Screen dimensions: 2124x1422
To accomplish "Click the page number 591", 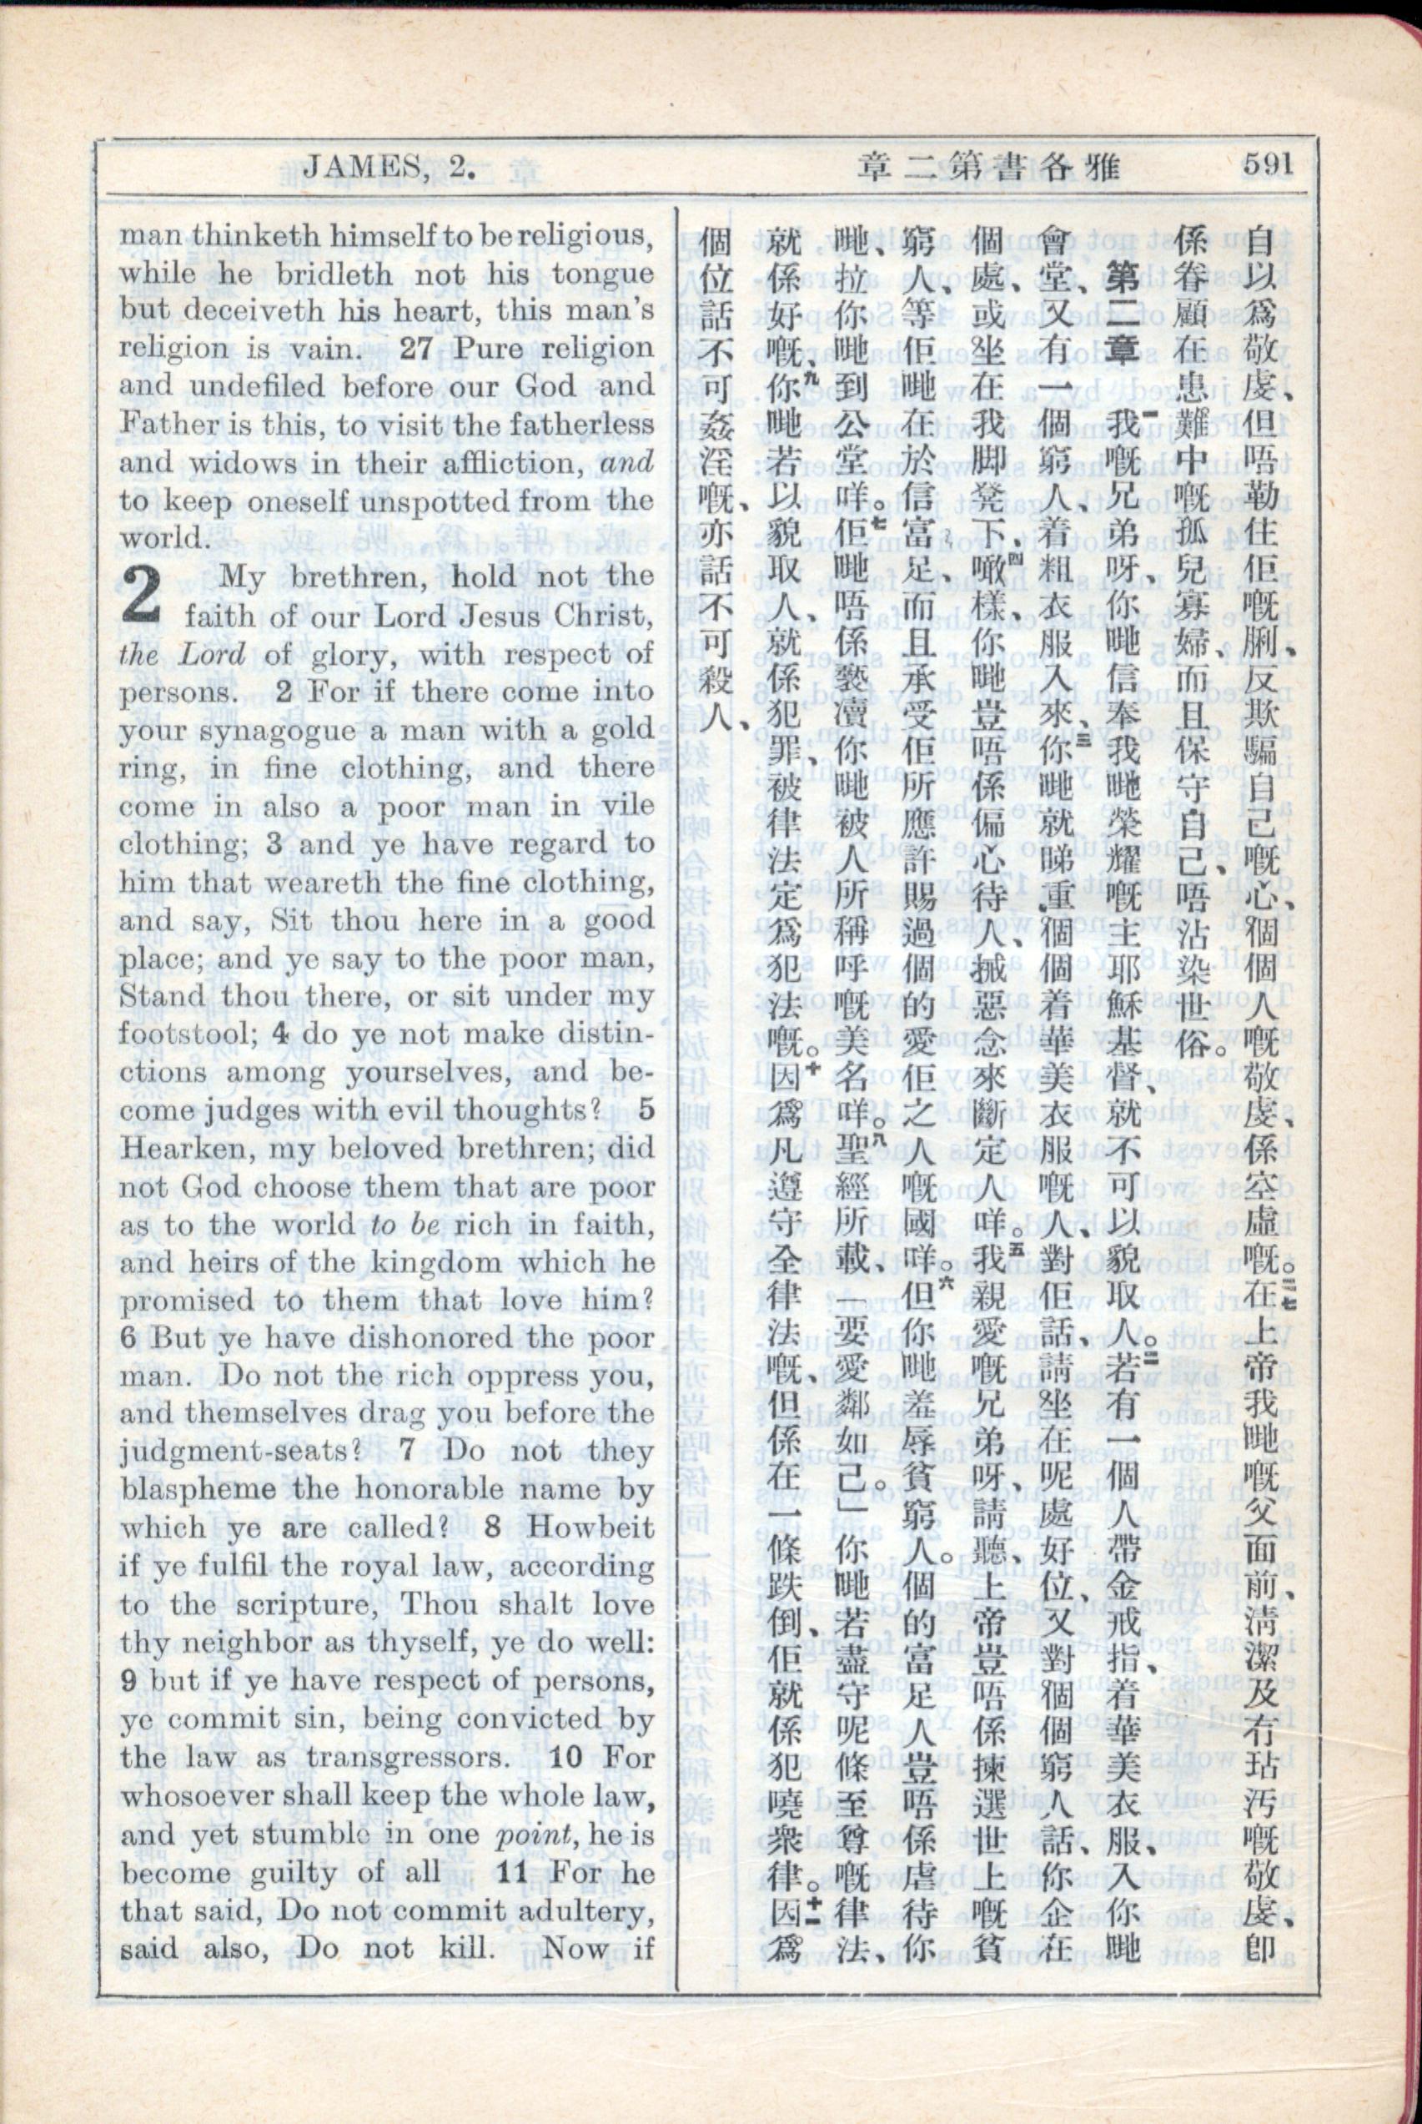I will [1267, 166].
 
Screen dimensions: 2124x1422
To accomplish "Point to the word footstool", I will [199, 1034].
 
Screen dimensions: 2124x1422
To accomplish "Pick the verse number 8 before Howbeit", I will [492, 1528].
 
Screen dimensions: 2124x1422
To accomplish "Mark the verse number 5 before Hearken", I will [645, 1110].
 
